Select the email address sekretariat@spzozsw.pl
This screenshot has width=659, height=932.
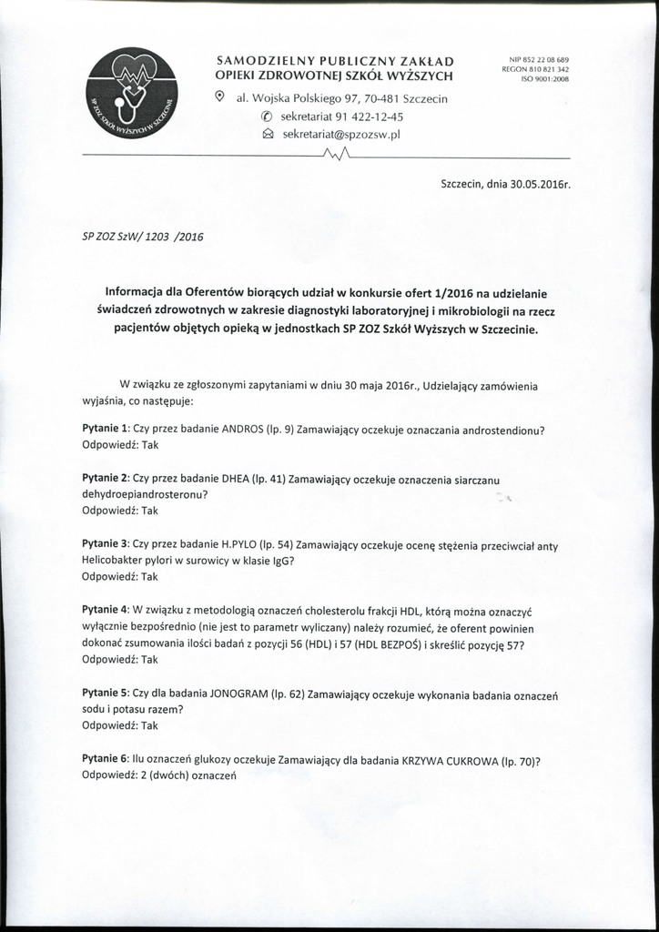pos(342,134)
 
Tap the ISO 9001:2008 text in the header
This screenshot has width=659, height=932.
pos(544,79)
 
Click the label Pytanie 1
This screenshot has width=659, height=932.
pos(106,429)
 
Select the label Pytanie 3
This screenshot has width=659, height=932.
pos(106,544)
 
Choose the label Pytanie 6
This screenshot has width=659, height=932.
pos(106,759)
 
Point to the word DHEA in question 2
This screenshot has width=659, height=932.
pos(236,478)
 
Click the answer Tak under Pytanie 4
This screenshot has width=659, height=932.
pos(149,659)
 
